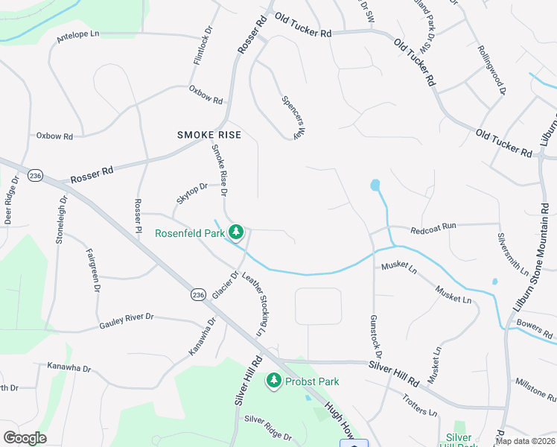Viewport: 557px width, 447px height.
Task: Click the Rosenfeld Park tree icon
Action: pyautogui.click(x=236, y=232)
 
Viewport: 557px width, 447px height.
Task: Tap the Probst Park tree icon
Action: pyautogui.click(x=274, y=381)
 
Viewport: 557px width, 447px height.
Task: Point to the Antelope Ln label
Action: pyautogui.click(x=77, y=35)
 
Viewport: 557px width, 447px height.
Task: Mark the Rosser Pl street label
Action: pyautogui.click(x=138, y=217)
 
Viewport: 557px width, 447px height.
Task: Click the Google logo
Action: pyautogui.click(x=24, y=438)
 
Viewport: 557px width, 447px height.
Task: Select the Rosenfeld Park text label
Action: pyautogui.click(x=189, y=233)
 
